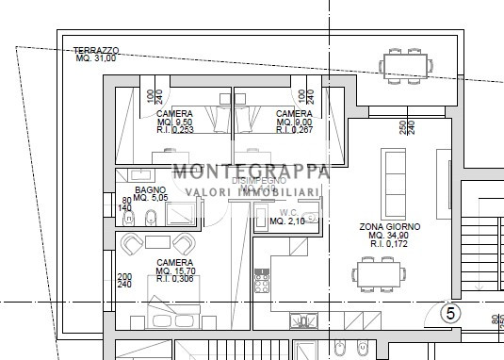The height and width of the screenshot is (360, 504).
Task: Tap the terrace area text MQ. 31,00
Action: point(96,58)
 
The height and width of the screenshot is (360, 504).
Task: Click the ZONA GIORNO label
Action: point(390,227)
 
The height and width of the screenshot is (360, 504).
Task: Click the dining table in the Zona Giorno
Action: point(386,273)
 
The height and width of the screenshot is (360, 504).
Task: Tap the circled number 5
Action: point(450,313)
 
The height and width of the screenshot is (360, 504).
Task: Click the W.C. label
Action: point(285,212)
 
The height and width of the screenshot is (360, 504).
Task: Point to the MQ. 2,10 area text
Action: point(286,222)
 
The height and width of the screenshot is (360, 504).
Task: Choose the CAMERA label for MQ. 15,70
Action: point(175,263)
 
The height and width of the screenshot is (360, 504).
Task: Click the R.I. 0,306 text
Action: point(175,280)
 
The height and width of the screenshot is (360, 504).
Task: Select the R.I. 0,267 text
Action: point(294,130)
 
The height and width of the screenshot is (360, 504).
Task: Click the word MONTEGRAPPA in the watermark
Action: point(250,172)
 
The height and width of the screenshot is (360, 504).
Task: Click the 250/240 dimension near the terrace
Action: point(404,126)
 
